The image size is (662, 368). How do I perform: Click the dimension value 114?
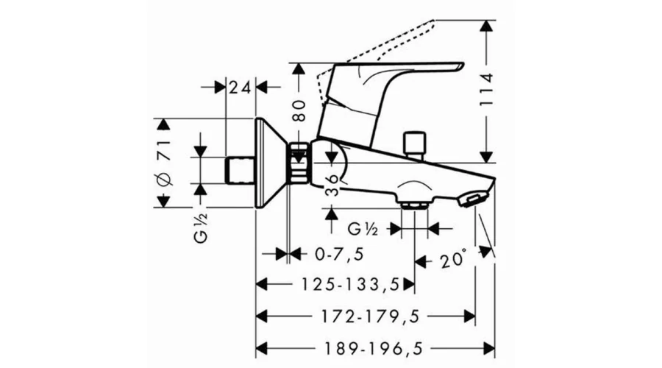[x=487, y=90]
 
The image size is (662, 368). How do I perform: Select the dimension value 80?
[x=299, y=110]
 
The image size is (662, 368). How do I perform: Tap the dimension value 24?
[x=240, y=88]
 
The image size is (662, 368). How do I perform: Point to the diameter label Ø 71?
[x=164, y=162]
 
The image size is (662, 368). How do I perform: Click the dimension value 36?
[x=332, y=185]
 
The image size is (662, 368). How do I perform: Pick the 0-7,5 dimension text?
[x=339, y=255]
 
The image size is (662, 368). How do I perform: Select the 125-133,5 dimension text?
[x=350, y=284]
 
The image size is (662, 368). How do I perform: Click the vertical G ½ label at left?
[x=202, y=227]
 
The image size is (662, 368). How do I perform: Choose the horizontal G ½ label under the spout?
[x=362, y=229]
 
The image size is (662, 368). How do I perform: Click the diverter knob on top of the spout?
[x=414, y=146]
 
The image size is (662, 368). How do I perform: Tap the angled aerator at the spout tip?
[x=473, y=199]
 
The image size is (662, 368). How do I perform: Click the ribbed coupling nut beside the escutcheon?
[x=299, y=163]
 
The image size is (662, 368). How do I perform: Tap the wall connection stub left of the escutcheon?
[x=241, y=170]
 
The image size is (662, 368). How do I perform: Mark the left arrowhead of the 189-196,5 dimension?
[x=262, y=349]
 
